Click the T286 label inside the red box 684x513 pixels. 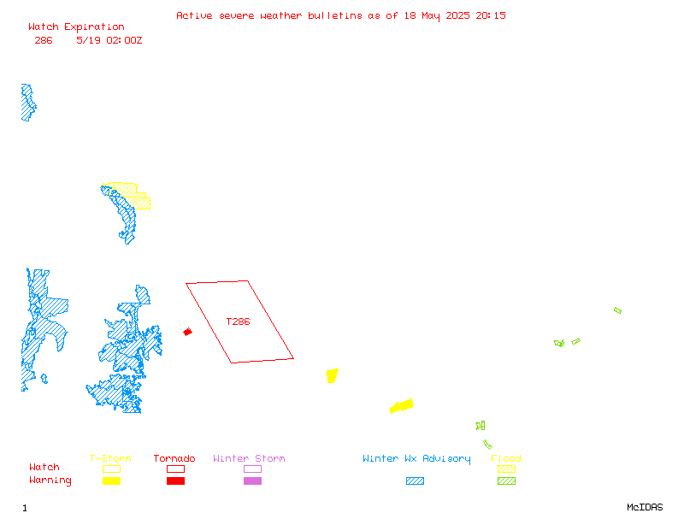pos(238,322)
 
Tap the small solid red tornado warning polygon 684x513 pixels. pos(187,332)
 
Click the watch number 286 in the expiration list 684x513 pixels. pos(44,40)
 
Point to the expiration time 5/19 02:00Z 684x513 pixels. pos(109,40)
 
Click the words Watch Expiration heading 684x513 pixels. pos(76,27)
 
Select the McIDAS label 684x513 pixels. pos(645,507)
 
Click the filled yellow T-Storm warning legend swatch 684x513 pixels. pos(112,481)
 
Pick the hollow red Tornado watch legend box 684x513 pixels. pos(176,469)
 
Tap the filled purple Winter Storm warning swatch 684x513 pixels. pos(252,481)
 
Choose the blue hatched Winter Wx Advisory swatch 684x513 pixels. pos(415,481)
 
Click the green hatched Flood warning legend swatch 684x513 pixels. pos(506,481)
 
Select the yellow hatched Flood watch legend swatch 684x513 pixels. pos(506,469)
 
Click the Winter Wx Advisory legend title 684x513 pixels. pos(416,458)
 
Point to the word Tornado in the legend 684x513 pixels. pos(174,458)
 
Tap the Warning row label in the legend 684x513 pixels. pos(50,481)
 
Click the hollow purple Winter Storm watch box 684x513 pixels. pos(252,469)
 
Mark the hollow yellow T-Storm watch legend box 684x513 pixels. pos(112,469)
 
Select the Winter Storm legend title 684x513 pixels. pos(249,458)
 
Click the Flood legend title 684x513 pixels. pos(506,458)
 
